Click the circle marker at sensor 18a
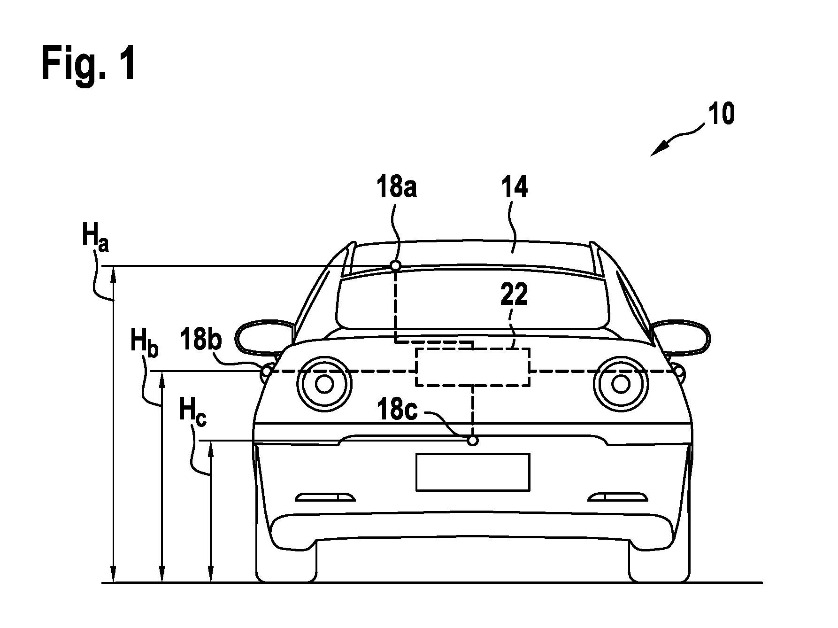pyautogui.click(x=395, y=266)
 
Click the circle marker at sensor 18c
pyautogui.click(x=473, y=441)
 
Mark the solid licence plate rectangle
pyautogui.click(x=473, y=473)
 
